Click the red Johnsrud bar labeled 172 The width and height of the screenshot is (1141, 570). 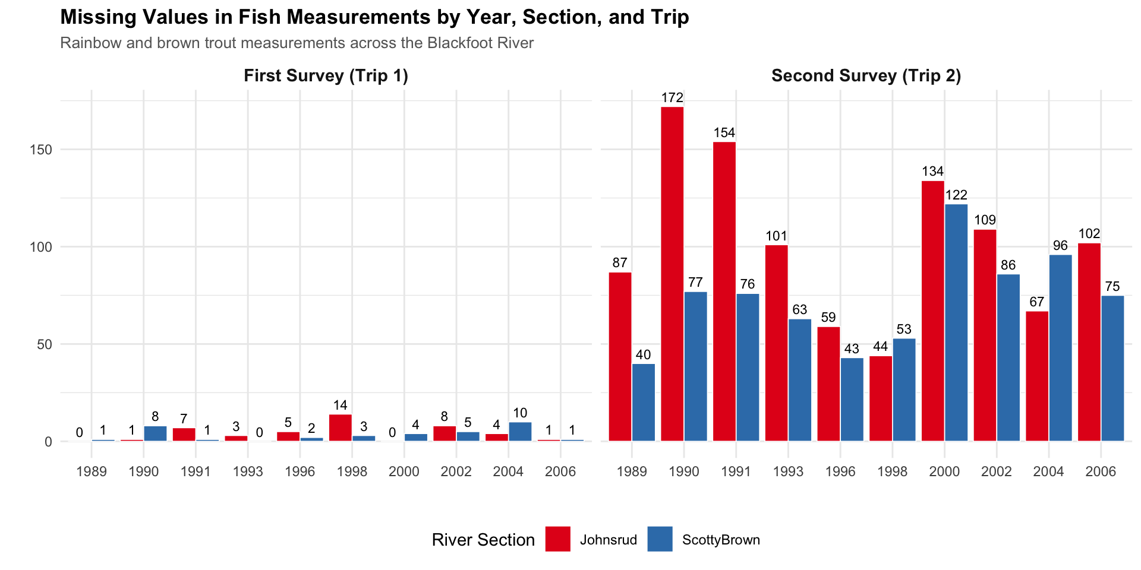(x=672, y=274)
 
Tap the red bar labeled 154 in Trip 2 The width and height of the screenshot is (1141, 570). (x=724, y=291)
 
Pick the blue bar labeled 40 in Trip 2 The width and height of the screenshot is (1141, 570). (x=644, y=402)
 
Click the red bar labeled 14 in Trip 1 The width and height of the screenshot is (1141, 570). (x=341, y=427)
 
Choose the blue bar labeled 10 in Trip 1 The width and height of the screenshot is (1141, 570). (x=520, y=432)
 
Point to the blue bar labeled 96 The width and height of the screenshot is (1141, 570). (x=1061, y=348)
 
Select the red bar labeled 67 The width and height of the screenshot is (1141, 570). (x=1037, y=376)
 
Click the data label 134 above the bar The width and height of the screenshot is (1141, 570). (x=933, y=172)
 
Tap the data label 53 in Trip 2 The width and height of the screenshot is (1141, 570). (x=904, y=330)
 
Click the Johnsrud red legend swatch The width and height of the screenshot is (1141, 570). (x=557, y=539)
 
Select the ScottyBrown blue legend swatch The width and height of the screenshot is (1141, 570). (x=660, y=539)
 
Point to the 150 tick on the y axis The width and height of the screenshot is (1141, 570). (x=41, y=150)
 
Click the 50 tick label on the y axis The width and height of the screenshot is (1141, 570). (x=45, y=344)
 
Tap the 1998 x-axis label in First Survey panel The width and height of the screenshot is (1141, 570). (x=352, y=472)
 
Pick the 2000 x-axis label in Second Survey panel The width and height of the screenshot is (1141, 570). (x=944, y=472)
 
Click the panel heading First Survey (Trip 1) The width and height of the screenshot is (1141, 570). (x=326, y=76)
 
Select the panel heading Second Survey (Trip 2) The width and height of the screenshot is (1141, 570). (x=866, y=76)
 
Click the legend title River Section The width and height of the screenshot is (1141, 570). (x=483, y=540)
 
